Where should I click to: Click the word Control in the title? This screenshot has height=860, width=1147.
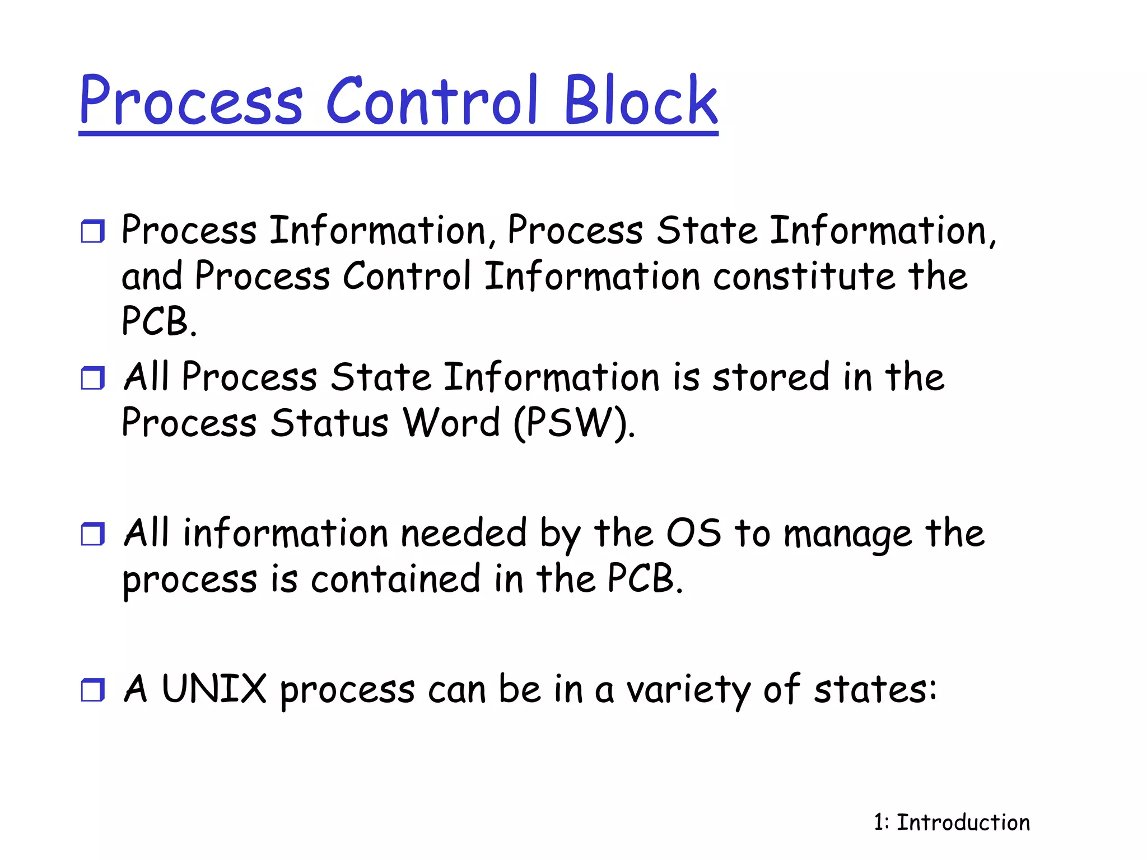(x=431, y=101)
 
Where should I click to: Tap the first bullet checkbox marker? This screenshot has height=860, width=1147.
(x=93, y=231)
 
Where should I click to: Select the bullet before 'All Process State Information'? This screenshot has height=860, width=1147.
(x=93, y=378)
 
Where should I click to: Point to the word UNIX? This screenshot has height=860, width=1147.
(x=214, y=689)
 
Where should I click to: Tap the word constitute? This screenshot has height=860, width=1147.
(x=804, y=277)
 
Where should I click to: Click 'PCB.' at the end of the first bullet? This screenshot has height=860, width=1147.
(x=159, y=322)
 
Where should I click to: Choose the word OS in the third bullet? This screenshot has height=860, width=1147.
(x=693, y=533)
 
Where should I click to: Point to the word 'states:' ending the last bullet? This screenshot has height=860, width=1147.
(x=875, y=690)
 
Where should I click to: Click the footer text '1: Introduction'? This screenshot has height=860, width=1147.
(x=952, y=822)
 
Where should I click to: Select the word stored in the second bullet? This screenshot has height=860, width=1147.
(x=771, y=377)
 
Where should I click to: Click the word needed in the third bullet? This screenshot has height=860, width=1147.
(x=464, y=533)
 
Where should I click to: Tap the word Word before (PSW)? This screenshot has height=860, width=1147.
(x=451, y=423)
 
